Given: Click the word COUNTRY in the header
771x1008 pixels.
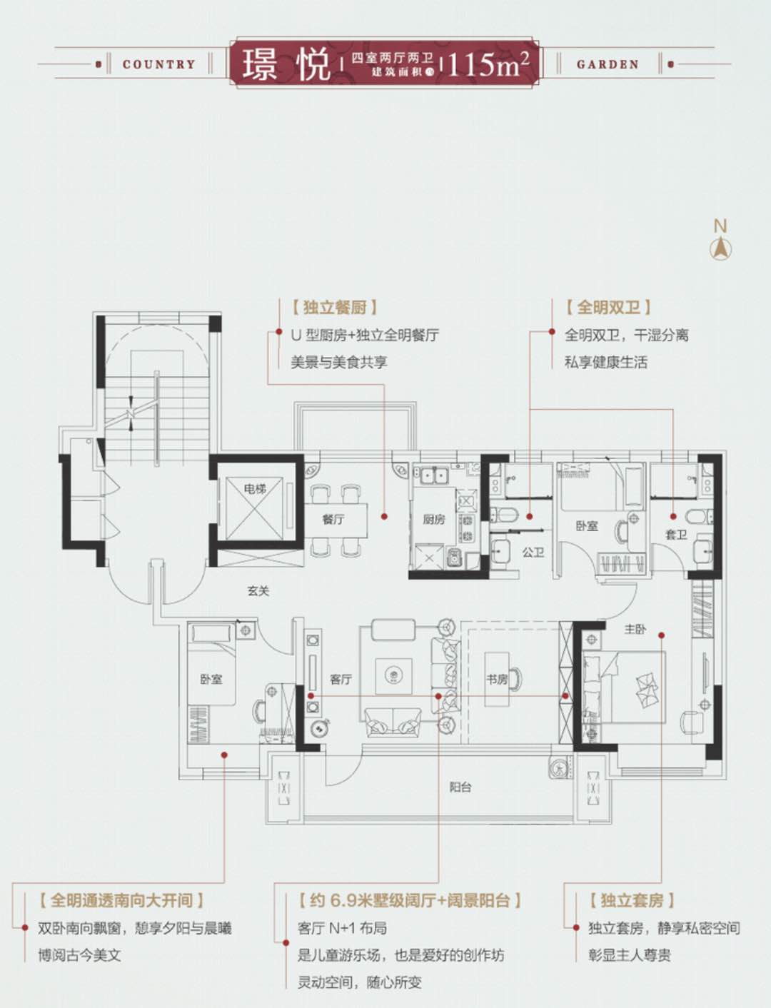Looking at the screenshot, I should pos(158,64).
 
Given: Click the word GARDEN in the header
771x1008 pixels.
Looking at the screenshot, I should pos(608,64).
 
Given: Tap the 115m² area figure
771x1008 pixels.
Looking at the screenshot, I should pos(488,64).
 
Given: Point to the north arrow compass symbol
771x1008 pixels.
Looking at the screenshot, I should pos(720,247).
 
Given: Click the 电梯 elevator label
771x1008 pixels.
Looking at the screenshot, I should pos(255,489).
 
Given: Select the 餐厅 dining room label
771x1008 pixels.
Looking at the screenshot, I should pos(333,519).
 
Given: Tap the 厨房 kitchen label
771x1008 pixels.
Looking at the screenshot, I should pos(433,519).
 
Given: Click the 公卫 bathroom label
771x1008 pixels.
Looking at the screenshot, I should pos(533,552).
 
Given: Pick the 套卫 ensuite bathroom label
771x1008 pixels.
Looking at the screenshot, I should pos(675,534).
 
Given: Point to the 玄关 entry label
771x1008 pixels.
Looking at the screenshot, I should pos(258,591).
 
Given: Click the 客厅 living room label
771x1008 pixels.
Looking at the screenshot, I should pos(341,679).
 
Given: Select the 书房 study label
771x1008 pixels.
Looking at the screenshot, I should pos(497,679).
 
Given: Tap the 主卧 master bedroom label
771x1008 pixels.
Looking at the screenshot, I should pos(635,630).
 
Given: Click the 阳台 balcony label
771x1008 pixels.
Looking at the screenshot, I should pos(460,787).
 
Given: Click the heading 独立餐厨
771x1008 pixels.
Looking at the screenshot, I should pos(334,308).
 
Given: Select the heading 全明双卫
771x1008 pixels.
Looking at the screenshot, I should pos(608,308).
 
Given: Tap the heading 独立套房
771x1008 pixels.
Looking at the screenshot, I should pos(632,900).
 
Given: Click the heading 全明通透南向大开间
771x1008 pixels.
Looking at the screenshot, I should pos(121,900).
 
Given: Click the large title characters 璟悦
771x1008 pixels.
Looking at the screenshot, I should pos(286,64).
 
